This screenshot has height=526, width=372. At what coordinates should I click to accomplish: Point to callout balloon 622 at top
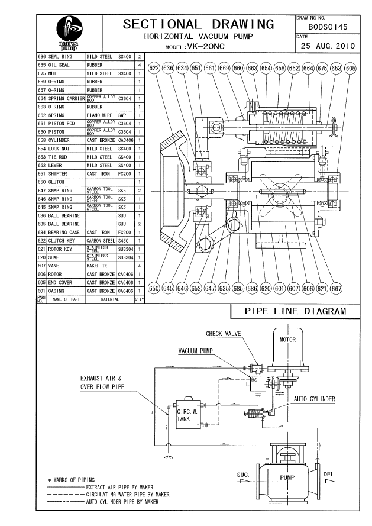point(155,69)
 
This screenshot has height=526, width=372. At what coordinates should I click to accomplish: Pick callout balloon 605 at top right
point(351,69)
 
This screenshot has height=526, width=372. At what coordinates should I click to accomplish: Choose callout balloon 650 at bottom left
point(154,288)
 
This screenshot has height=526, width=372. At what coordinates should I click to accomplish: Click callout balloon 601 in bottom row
point(280,288)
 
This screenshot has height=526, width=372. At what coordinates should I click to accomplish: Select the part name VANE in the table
point(54,266)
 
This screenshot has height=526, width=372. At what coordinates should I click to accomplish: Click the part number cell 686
point(42,57)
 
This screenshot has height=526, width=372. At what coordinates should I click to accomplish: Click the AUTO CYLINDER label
point(314,399)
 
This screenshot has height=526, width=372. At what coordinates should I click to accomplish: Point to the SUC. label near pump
point(243,475)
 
